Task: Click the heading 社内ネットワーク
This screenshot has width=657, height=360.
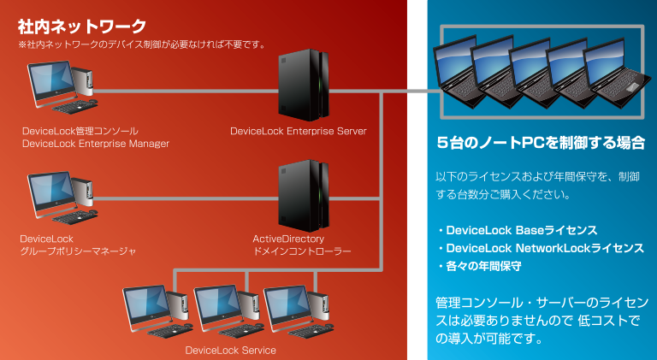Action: (x=82, y=27)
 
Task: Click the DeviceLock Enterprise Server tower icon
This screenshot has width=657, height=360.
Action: (x=304, y=85)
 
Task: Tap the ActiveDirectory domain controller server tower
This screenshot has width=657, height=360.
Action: (x=304, y=196)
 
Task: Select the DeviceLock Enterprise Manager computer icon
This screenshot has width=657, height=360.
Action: (x=62, y=87)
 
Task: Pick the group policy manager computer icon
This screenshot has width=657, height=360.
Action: (x=62, y=198)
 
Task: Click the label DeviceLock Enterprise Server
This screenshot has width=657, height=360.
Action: (x=299, y=131)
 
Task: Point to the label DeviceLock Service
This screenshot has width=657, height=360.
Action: (x=230, y=351)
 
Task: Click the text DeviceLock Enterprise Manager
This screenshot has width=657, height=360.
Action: (x=96, y=144)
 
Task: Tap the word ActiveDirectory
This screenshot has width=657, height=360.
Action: (x=288, y=239)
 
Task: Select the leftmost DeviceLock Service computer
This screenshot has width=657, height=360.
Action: (x=157, y=311)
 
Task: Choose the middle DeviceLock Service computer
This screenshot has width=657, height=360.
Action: (x=228, y=311)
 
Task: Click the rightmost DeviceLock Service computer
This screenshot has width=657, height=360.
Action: (x=299, y=311)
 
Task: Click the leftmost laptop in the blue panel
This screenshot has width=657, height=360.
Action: (x=458, y=71)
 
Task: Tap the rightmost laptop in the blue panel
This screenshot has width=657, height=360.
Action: (x=617, y=72)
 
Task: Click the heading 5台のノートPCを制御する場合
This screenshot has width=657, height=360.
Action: (x=541, y=143)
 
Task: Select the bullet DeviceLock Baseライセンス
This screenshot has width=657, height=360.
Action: (x=518, y=230)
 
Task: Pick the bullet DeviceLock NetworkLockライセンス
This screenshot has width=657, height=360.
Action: (x=541, y=248)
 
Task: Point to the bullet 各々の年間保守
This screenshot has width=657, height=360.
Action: (x=480, y=266)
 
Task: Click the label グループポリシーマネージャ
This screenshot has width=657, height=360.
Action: (x=78, y=251)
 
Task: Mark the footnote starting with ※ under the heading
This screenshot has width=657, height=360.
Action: (x=142, y=44)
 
